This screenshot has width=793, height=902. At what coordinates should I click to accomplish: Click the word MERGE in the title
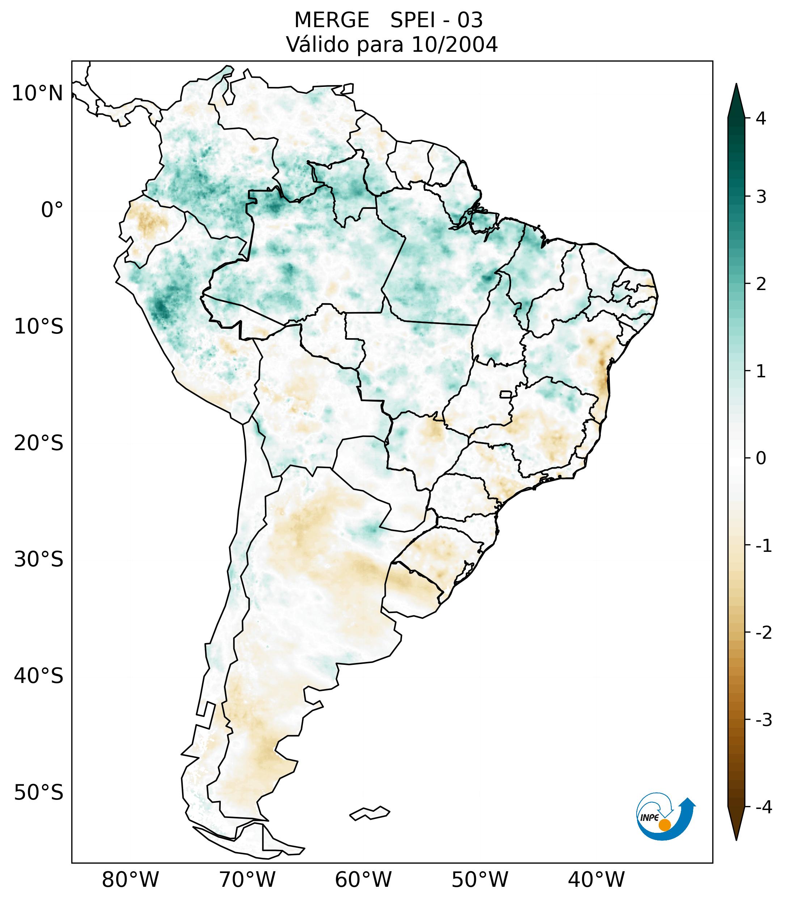(331, 20)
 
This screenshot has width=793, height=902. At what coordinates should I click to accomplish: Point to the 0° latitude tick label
(52, 210)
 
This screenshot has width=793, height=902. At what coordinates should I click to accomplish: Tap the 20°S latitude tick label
(38, 443)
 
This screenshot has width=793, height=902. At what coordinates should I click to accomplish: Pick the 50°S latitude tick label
(38, 793)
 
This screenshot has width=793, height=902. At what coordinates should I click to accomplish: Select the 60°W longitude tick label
(363, 880)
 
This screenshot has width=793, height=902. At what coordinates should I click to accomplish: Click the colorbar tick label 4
(761, 118)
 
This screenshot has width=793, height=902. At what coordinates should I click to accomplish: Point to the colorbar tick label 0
(761, 458)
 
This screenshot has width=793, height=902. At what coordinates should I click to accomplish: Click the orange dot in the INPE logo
(664, 825)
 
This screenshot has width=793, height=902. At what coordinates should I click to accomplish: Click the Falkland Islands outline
(370, 813)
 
